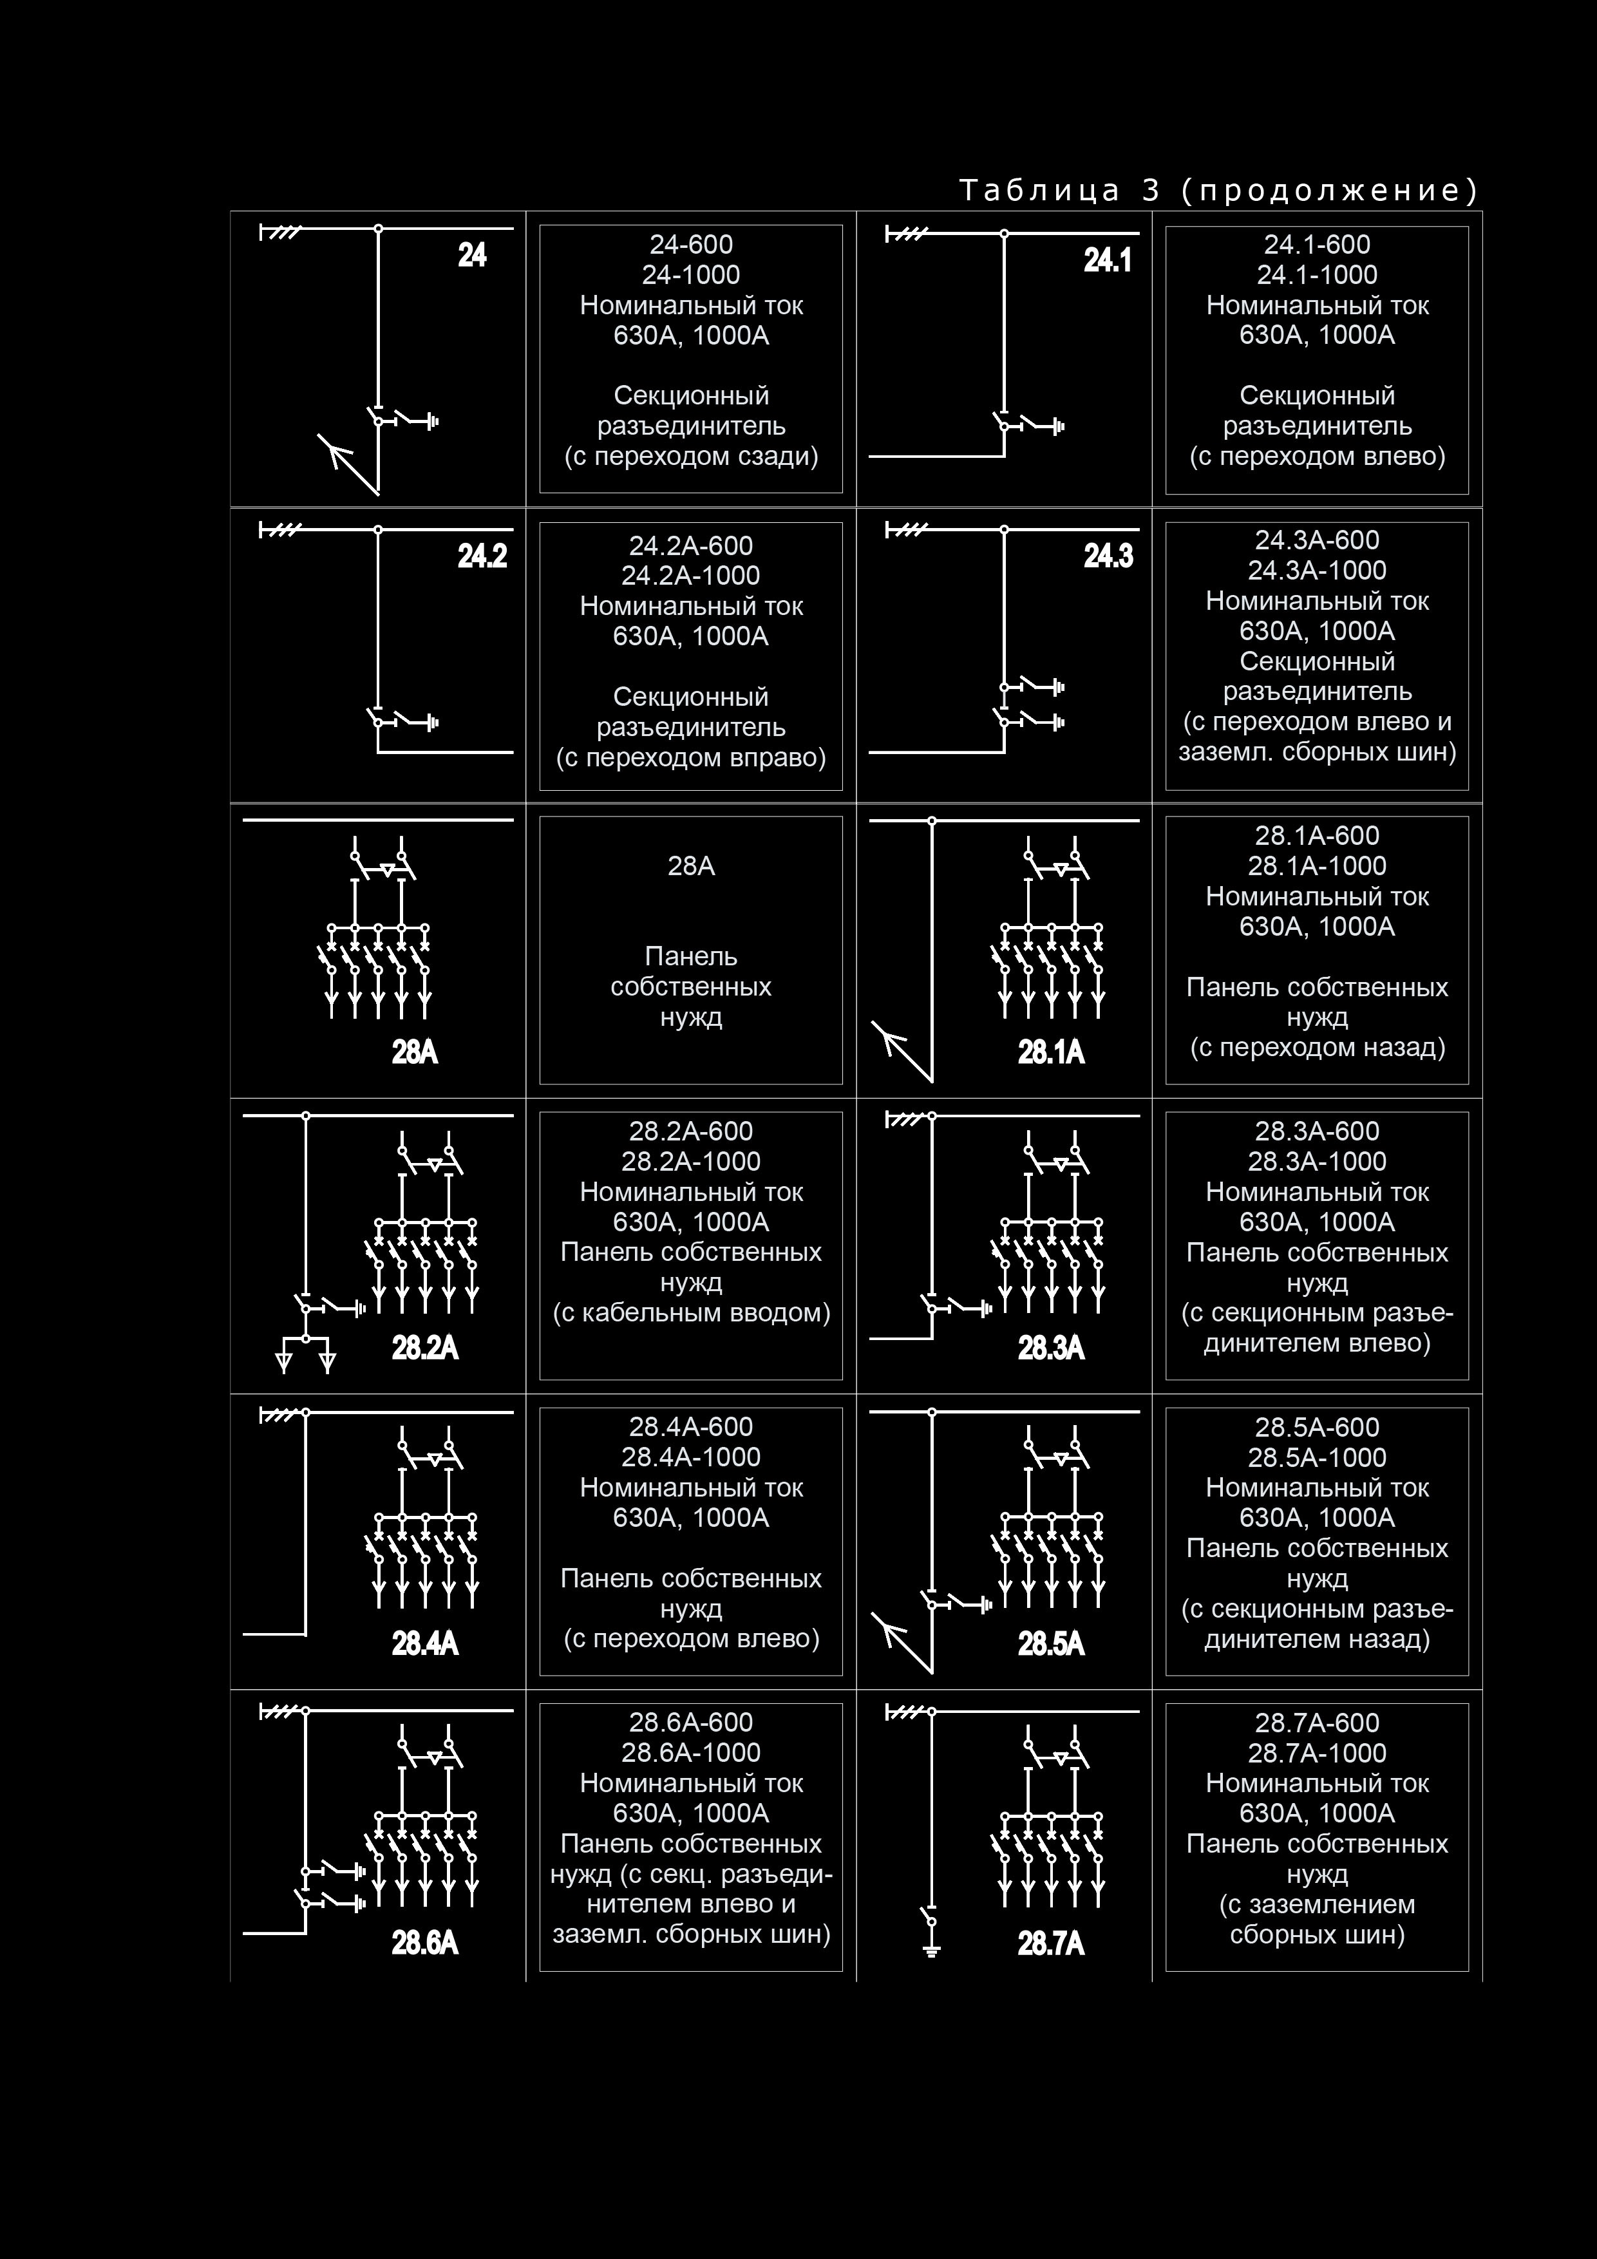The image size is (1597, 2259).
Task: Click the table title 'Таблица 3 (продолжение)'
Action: [x=1218, y=190]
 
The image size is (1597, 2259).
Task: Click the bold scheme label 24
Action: [x=472, y=256]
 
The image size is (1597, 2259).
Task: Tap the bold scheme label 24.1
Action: [x=1108, y=261]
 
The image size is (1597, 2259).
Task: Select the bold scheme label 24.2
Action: [x=482, y=557]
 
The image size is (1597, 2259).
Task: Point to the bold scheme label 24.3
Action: [x=1109, y=557]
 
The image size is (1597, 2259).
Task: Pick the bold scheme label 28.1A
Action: [x=1051, y=1053]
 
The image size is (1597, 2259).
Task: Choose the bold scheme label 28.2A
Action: [x=425, y=1347]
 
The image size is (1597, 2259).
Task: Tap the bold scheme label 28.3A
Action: [x=1051, y=1347]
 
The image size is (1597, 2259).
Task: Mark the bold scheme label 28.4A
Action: [x=425, y=1643]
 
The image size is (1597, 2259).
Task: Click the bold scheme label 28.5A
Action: [x=1051, y=1643]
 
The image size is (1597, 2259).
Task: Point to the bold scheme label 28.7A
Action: [x=1051, y=1943]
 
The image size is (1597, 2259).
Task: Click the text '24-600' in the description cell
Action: [x=691, y=245]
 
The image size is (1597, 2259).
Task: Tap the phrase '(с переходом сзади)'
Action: [x=691, y=457]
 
